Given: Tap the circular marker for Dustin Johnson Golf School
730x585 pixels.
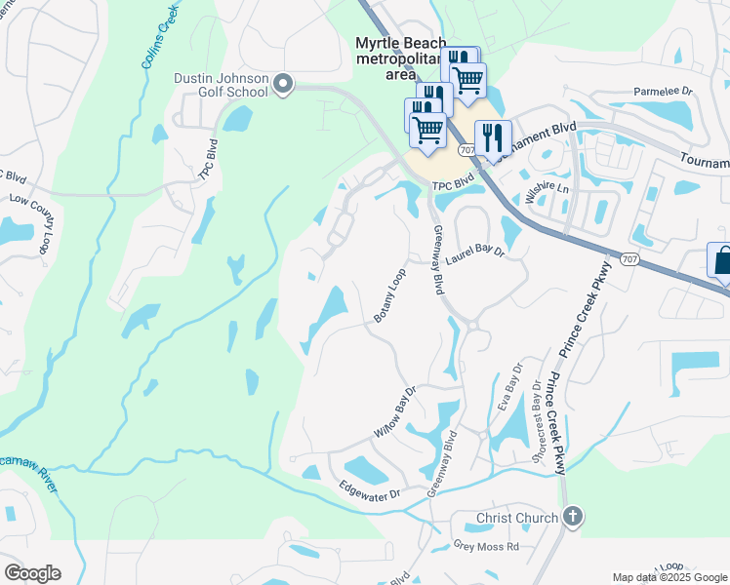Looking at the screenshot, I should (x=284, y=86).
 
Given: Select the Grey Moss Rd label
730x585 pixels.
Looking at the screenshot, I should (x=486, y=547).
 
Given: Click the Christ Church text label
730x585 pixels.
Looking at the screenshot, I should (x=517, y=518).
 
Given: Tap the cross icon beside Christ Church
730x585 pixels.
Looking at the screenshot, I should (x=573, y=517).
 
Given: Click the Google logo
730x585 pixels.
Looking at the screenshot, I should (x=32, y=572).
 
